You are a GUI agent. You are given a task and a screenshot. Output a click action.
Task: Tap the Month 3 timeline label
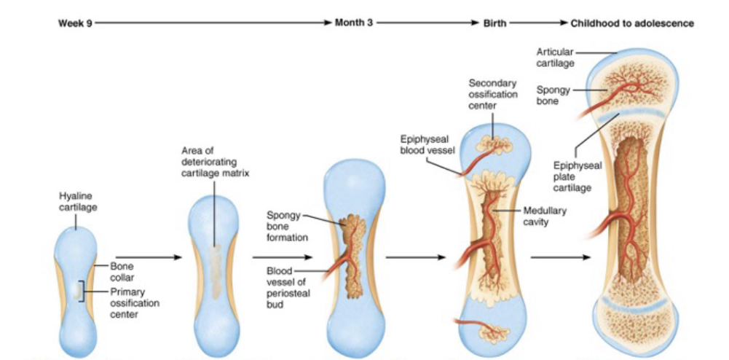(353, 23)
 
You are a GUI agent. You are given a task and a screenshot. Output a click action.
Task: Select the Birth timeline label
(494, 23)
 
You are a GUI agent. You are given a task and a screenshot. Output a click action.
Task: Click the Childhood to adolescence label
(631, 23)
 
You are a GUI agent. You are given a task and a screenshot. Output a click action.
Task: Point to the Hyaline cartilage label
(76, 202)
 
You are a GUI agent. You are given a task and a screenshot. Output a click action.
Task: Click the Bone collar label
(122, 272)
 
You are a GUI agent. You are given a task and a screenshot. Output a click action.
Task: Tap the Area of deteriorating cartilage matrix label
(215, 162)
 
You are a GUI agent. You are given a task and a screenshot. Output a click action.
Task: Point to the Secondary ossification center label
(493, 94)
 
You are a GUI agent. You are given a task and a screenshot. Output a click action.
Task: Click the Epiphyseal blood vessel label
(427, 144)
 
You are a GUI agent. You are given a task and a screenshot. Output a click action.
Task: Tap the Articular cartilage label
(555, 58)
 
